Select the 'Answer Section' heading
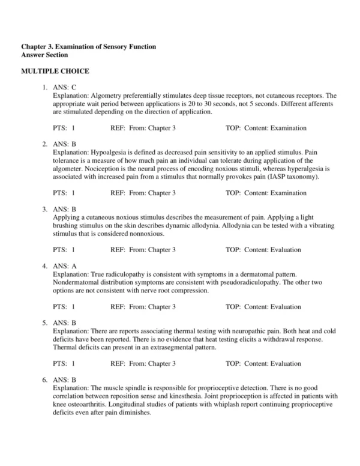coord(46,55)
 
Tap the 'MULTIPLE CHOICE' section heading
coord(55,71)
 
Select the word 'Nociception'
coord(101,169)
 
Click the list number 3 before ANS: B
coord(44,209)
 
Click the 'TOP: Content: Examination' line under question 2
coord(266,193)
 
